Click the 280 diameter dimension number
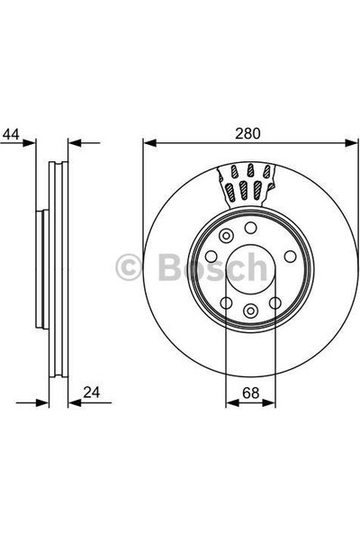click(247, 133)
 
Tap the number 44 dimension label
click(11, 134)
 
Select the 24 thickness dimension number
click(92, 393)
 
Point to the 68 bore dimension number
click(250, 393)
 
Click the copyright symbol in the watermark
click(128, 266)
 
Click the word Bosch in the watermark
click(212, 266)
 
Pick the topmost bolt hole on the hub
click(250, 228)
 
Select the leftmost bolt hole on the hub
click(211, 257)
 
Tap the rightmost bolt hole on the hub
click(290, 257)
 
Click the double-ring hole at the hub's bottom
click(250, 310)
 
